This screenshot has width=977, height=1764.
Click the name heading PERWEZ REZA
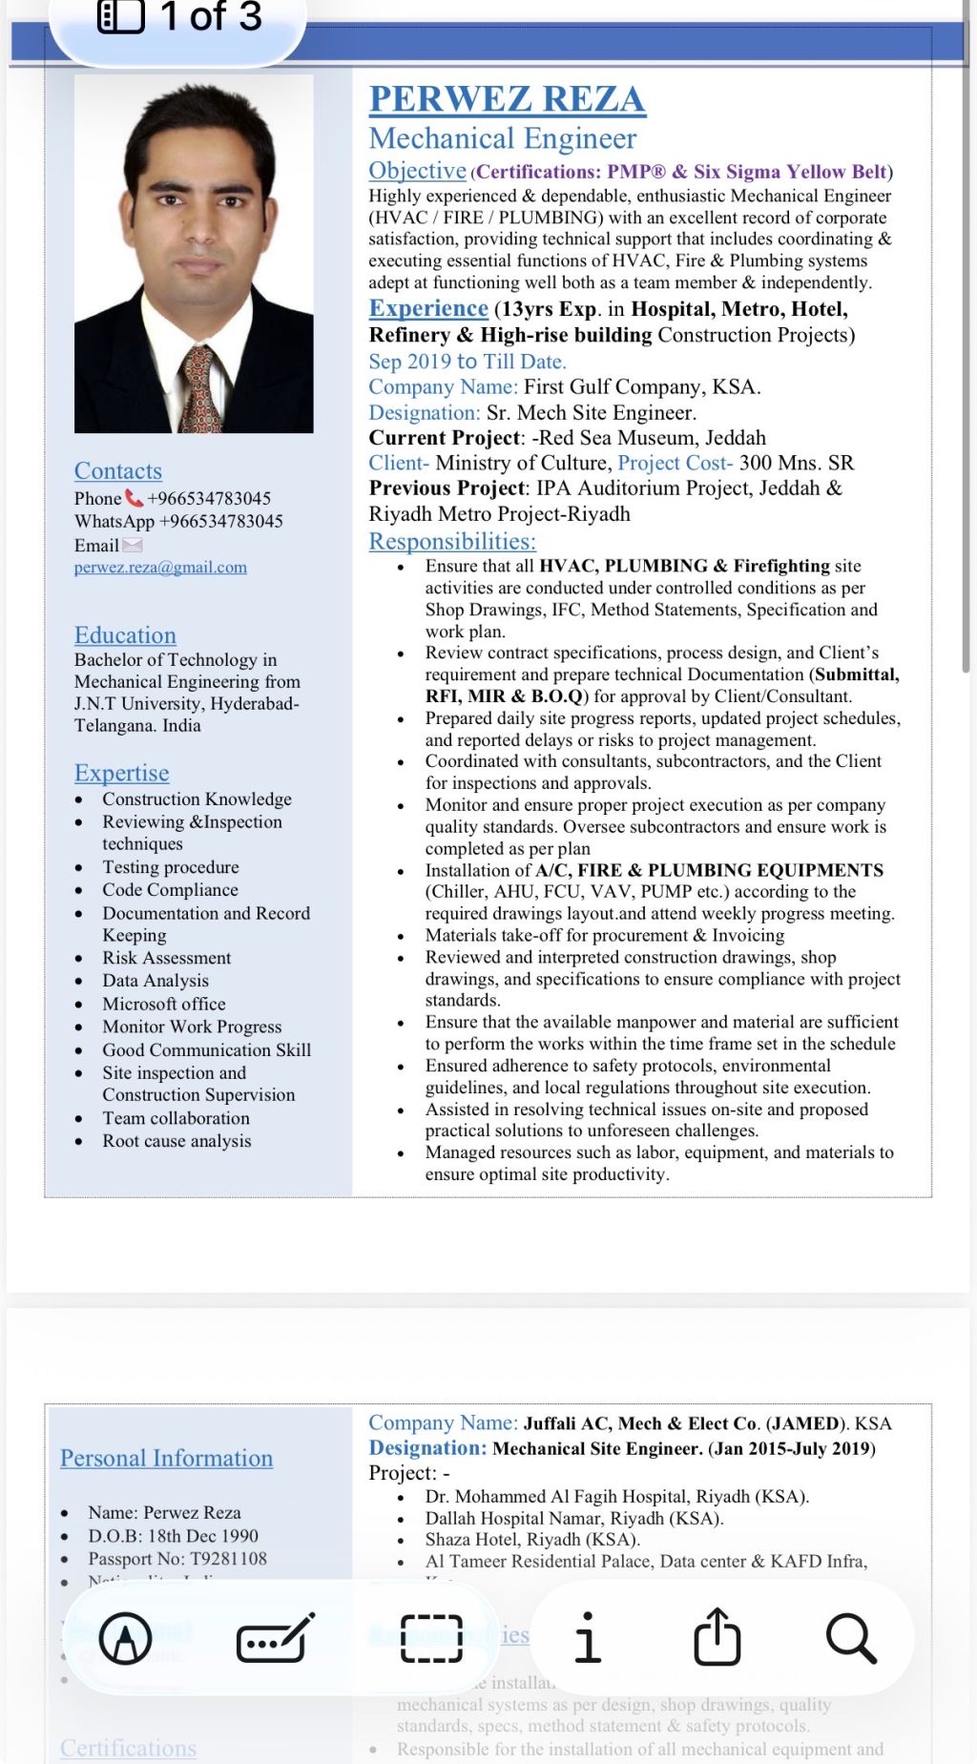[x=507, y=99]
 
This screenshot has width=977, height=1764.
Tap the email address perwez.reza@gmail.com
[x=160, y=568]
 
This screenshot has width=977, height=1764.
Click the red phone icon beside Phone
[x=135, y=498]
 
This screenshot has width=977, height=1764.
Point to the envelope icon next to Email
[x=132, y=545]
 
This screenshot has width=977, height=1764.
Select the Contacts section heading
[x=118, y=471]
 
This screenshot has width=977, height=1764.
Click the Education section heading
[x=125, y=635]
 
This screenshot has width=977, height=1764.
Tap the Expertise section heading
[x=122, y=773]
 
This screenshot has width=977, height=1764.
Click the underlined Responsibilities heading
[x=452, y=542]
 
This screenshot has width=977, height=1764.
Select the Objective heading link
[x=417, y=171]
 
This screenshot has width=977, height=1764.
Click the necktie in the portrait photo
[x=200, y=389]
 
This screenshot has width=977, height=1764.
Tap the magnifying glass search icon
[x=850, y=1638]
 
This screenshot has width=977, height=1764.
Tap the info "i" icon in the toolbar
[x=588, y=1637]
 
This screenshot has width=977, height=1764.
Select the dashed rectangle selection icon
[x=432, y=1638]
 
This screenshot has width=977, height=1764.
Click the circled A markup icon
[x=126, y=1638]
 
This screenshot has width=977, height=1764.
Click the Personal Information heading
[x=166, y=1458]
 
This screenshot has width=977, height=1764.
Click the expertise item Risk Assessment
[x=167, y=958]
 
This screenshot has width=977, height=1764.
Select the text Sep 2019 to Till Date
[x=468, y=362]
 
